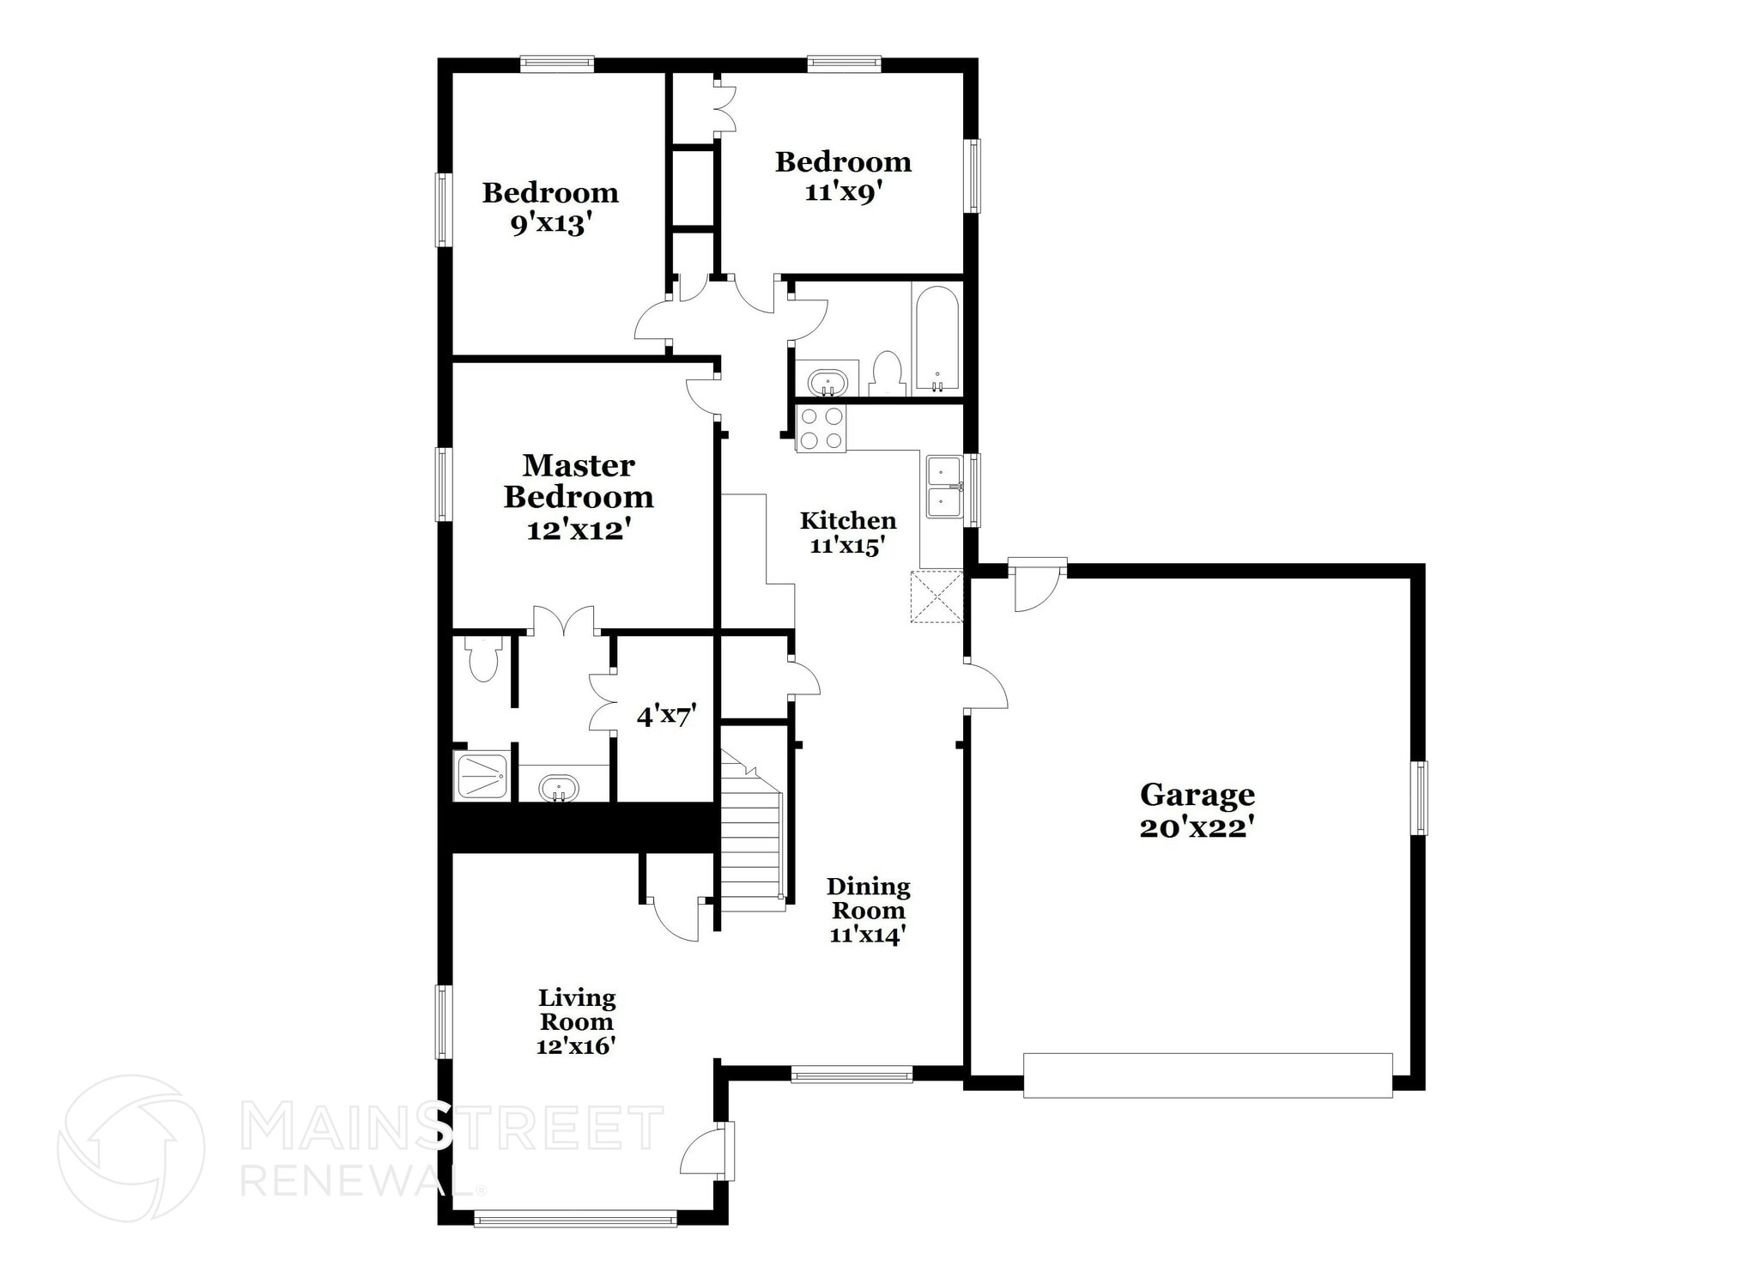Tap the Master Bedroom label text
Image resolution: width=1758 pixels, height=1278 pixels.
[x=579, y=481]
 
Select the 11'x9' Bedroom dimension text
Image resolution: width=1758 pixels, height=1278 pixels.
[x=843, y=192]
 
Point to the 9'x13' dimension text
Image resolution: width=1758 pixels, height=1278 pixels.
[x=551, y=225]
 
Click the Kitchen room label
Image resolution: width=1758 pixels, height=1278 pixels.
[x=848, y=520]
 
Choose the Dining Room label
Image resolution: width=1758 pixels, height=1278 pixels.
[x=868, y=898]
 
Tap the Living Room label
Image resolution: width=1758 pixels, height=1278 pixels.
[x=577, y=1010]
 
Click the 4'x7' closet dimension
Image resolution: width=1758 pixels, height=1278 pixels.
[x=665, y=716]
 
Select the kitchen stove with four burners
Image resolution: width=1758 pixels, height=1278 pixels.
[x=821, y=427]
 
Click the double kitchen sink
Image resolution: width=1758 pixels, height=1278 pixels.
[x=944, y=487]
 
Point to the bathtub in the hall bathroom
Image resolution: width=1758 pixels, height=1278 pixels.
[x=937, y=340]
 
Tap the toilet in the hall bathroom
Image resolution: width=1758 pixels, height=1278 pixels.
[x=887, y=375]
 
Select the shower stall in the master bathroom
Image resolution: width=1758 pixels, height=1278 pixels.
[x=483, y=776]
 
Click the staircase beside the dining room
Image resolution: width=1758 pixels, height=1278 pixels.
[x=751, y=829]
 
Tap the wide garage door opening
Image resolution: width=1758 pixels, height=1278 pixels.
[x=1208, y=1075]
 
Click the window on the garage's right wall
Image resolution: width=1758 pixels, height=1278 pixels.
[x=1422, y=797]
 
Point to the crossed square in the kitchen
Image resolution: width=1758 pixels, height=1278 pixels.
[x=937, y=596]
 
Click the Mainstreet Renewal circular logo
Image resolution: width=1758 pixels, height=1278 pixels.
[x=131, y=1148]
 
